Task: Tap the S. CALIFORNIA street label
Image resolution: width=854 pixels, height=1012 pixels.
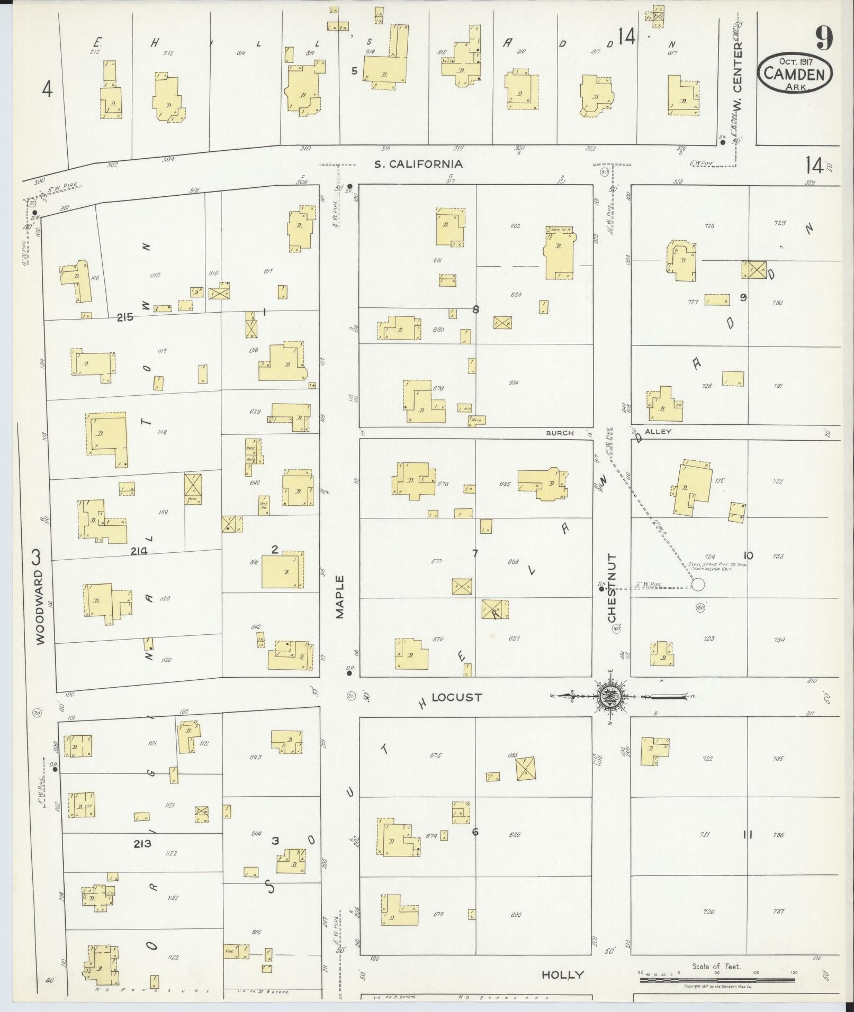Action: (x=418, y=164)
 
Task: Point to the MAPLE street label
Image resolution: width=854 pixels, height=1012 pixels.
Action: (x=339, y=597)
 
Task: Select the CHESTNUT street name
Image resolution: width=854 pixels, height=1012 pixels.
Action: (x=612, y=588)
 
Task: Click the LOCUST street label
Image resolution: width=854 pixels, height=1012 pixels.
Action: (x=456, y=697)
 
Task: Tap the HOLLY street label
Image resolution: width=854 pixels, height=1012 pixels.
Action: (x=563, y=974)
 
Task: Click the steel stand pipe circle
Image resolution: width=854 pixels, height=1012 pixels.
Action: (x=698, y=585)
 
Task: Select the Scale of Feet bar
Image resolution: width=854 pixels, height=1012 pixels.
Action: (x=716, y=980)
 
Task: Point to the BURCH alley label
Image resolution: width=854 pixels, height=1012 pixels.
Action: (x=560, y=433)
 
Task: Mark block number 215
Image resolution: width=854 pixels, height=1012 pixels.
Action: (x=125, y=318)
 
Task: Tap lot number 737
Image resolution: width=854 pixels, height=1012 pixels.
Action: (x=778, y=911)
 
